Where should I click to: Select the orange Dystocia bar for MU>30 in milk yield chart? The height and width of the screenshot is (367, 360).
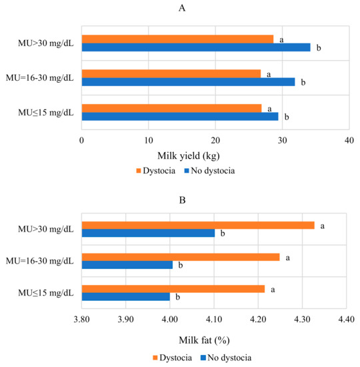pyautogui.click(x=177, y=39)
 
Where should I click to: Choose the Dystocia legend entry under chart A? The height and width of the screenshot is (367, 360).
pyautogui.click(x=157, y=170)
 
